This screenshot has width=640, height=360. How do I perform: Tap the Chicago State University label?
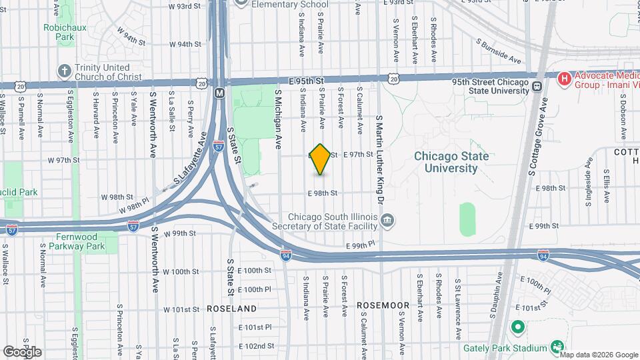[451, 162]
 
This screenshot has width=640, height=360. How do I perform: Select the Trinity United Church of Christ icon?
[65, 71]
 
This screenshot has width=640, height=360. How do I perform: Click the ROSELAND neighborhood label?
[232, 309]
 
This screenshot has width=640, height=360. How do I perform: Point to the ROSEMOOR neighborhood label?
[383, 305]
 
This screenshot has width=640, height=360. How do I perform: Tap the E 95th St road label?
[306, 80]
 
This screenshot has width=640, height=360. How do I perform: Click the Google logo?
[22, 351]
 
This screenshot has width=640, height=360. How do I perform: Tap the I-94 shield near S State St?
[285, 255]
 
